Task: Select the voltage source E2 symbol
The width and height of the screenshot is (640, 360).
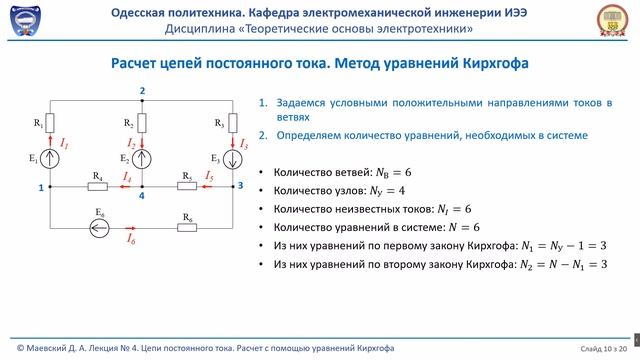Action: (143, 158)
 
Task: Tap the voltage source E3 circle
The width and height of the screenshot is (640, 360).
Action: (233, 158)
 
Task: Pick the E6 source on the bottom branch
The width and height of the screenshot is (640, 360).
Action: (98, 227)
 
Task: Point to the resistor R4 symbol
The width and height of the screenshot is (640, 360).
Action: (98, 186)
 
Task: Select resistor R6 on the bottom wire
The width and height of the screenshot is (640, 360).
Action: (187, 227)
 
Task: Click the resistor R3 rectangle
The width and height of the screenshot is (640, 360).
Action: (233, 123)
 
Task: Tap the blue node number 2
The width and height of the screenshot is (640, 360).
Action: (143, 91)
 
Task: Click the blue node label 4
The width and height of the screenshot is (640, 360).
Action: (142, 196)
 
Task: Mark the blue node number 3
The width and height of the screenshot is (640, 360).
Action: (239, 186)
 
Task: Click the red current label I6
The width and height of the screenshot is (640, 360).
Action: (131, 239)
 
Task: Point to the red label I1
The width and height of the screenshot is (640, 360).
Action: (64, 145)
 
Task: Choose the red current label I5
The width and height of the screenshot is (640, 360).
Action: (209, 176)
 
